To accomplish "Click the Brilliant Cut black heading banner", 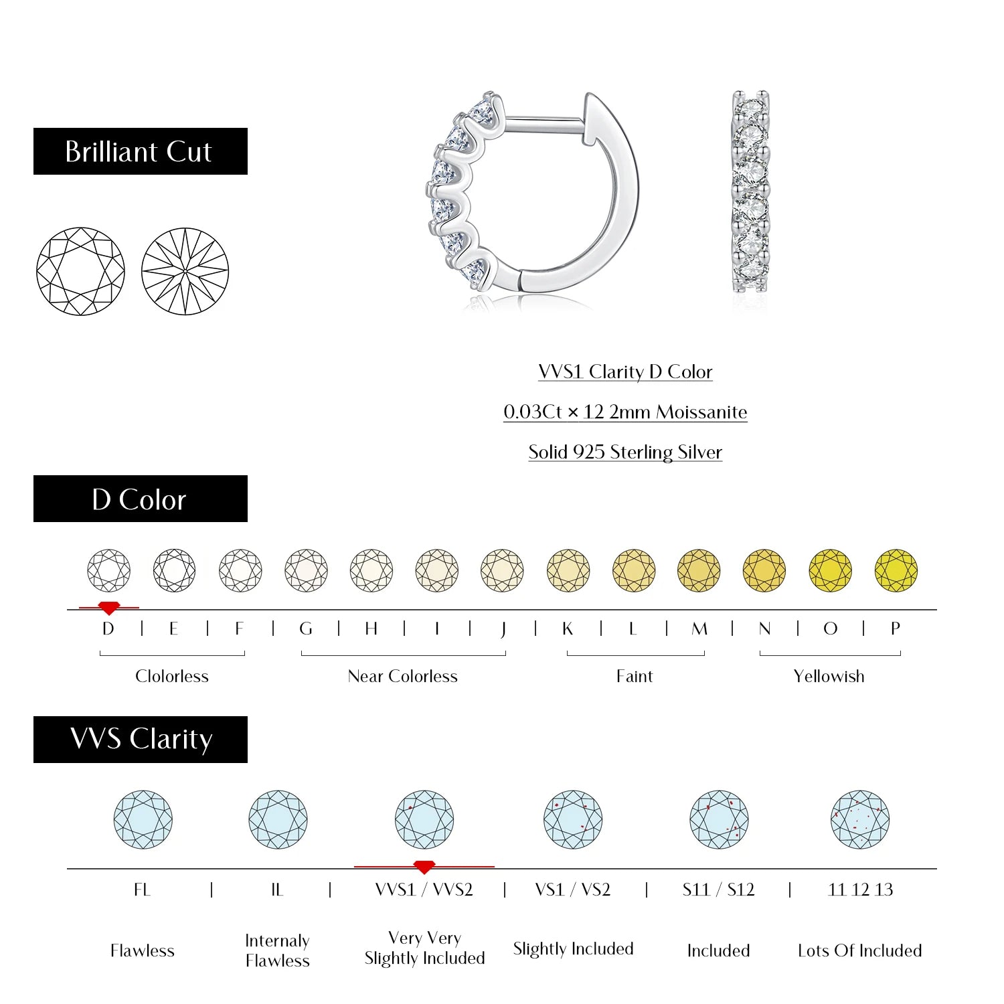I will click(x=141, y=151).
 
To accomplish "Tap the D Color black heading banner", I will click(x=141, y=499).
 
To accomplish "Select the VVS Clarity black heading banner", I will click(x=141, y=740).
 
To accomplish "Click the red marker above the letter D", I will click(x=108, y=608).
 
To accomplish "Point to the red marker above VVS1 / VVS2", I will click(x=424, y=867).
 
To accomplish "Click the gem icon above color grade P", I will click(x=896, y=571).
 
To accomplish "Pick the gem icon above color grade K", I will click(x=568, y=571).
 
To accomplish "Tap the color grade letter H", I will click(x=371, y=629).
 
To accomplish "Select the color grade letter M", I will click(x=699, y=629).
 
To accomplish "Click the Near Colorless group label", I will click(x=402, y=676).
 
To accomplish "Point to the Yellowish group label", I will click(x=829, y=676).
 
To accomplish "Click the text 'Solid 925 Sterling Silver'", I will click(x=625, y=452).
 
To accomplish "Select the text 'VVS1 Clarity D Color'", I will click(x=625, y=371).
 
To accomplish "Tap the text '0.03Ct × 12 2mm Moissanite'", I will click(x=625, y=412).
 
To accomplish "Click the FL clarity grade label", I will click(x=142, y=890).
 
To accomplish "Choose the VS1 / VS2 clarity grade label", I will click(x=573, y=890).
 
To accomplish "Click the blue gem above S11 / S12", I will click(x=719, y=820).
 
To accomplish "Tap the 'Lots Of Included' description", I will click(x=859, y=950).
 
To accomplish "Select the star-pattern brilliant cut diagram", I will click(x=185, y=271).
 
